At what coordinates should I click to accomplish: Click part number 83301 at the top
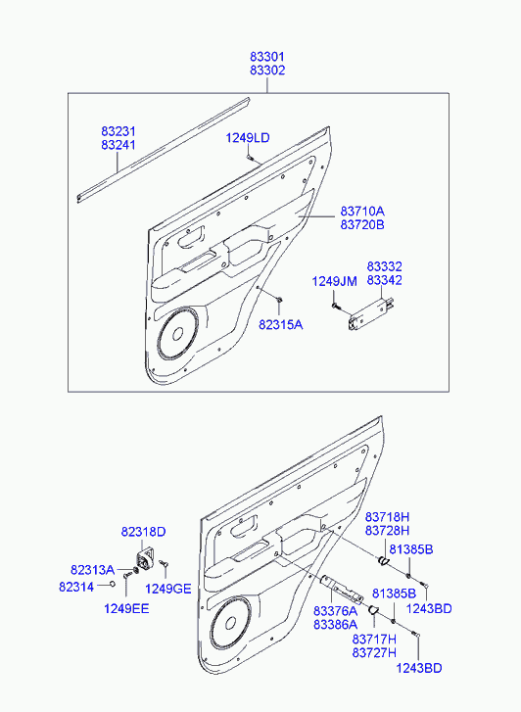267,57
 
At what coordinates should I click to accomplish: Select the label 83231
118,131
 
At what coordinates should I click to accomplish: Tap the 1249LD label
248,137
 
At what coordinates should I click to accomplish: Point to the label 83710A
362,212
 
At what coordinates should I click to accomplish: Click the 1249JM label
334,281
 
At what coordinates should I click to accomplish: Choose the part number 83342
384,280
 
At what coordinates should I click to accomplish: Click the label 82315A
281,325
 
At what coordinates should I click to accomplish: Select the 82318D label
144,532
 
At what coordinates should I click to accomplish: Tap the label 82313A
92,569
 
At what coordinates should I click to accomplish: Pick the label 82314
76,587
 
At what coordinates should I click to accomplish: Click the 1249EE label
126,608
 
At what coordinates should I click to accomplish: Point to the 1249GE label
168,589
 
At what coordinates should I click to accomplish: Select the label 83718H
388,517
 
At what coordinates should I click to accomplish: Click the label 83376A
335,611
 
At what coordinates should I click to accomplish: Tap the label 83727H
374,653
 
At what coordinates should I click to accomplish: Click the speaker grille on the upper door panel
178,333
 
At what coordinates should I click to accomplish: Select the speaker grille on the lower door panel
230,622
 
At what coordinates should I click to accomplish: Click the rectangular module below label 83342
370,312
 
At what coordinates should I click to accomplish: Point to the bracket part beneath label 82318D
145,559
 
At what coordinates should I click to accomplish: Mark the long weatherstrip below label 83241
164,150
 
